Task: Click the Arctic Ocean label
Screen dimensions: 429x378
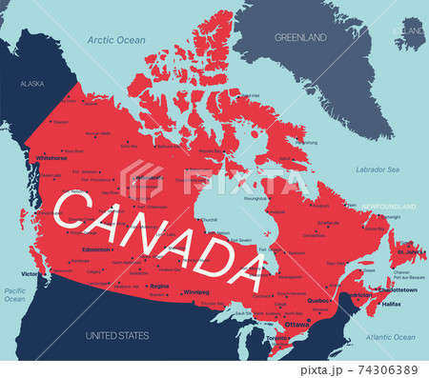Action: click(116, 40)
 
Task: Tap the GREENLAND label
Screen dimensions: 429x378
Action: click(301, 37)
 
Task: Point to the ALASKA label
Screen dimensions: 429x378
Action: click(32, 85)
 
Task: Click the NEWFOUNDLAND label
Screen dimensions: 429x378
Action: click(391, 206)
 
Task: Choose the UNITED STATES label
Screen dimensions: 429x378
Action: click(117, 336)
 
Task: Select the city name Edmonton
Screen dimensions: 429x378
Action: click(97, 249)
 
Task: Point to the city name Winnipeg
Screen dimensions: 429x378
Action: click(196, 291)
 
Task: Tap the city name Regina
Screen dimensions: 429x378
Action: click(159, 286)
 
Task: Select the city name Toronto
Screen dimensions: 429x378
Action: click(277, 338)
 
